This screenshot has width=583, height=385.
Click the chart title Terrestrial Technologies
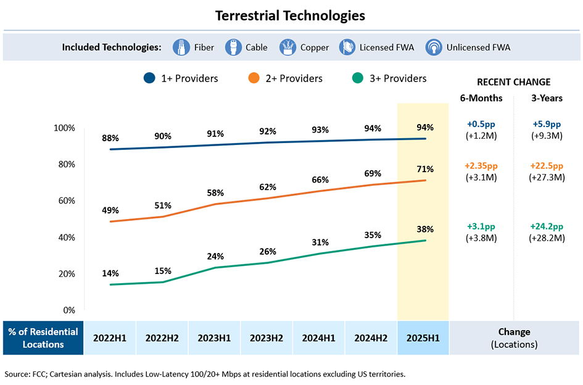290,15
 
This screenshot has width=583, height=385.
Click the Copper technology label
315,48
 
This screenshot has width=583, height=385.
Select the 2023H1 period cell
214,338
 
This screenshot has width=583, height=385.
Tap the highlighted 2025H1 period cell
423,338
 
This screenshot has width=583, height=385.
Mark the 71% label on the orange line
425,169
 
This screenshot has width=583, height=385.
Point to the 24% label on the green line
215,256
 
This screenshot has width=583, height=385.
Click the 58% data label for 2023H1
215,193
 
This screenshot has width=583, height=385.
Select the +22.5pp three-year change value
547,166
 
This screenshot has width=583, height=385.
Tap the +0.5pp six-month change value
482,124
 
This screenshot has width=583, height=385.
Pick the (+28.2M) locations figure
547,238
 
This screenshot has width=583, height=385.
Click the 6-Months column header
481,98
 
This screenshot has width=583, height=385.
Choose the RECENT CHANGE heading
514,82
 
